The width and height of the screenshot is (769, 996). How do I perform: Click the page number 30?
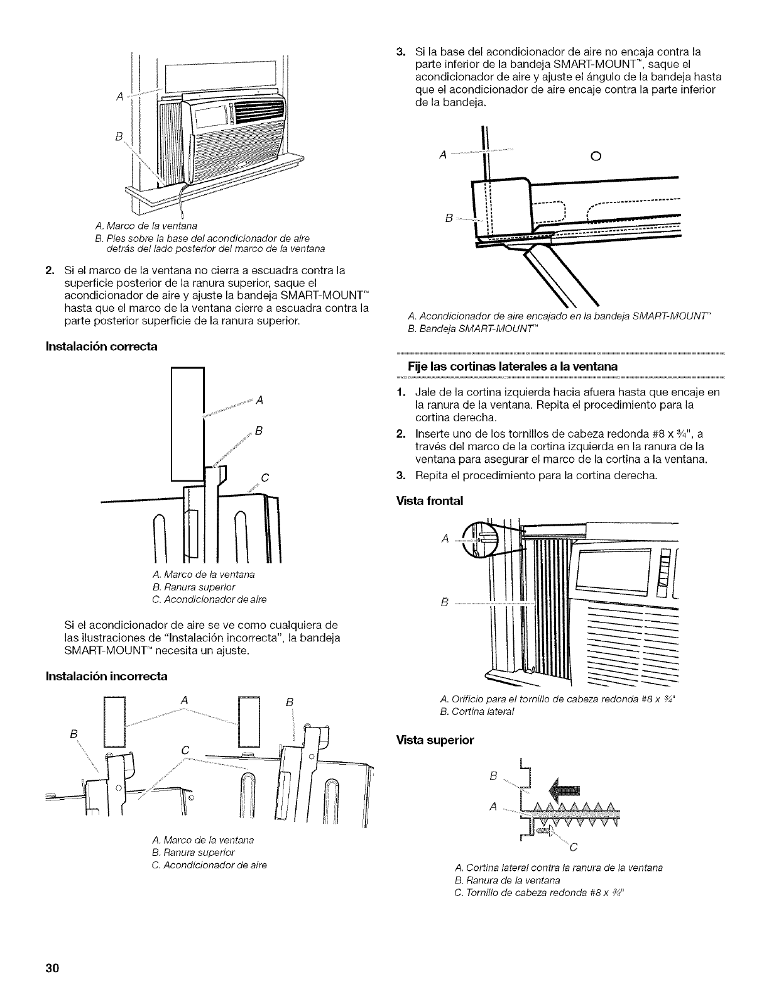[x=52, y=968]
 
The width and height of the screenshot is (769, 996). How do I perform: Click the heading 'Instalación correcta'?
[x=101, y=346]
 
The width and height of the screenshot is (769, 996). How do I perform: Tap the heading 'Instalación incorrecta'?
[x=106, y=677]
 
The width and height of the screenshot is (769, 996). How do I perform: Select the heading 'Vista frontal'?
[x=430, y=501]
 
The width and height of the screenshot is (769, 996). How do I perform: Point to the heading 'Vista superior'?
[x=435, y=740]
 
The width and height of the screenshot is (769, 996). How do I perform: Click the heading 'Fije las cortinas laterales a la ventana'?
[x=513, y=367]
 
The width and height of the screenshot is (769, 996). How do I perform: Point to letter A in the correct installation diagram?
[x=259, y=401]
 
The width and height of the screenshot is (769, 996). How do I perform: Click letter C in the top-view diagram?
[x=572, y=848]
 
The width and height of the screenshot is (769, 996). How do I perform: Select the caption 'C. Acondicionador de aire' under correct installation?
[x=209, y=599]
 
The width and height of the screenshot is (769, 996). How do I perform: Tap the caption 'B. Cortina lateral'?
[x=477, y=711]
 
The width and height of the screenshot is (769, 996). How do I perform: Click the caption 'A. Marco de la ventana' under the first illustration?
[x=146, y=226]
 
